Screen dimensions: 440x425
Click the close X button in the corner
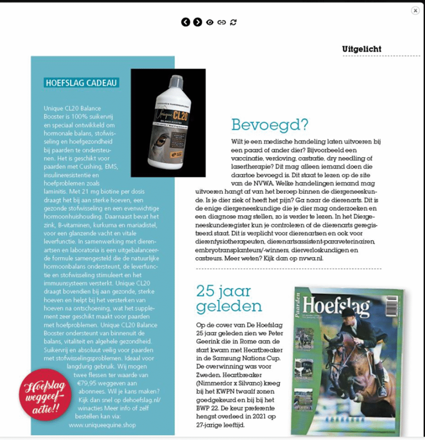[x=415, y=11]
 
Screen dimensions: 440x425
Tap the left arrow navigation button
[x=185, y=22]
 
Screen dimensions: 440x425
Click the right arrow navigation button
[x=197, y=22]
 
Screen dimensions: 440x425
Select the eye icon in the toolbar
[x=209, y=22]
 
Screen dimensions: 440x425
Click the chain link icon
[x=221, y=22]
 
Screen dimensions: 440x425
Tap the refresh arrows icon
[x=233, y=22]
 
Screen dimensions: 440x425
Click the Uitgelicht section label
[x=361, y=49]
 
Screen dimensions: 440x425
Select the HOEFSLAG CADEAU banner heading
[x=81, y=82]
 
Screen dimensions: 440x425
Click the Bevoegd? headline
[x=270, y=125]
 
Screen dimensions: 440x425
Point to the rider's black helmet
[x=348, y=312]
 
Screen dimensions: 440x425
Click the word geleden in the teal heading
[x=229, y=306]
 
